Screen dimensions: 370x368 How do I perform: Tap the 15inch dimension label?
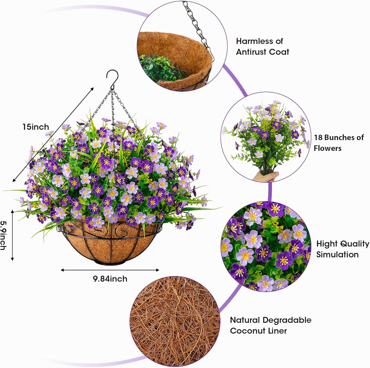click(x=36, y=127)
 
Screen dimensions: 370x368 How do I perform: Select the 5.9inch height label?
click(x=3, y=235)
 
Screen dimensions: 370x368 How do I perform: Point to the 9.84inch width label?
click(x=110, y=279)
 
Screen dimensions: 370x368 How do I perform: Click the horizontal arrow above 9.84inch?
click(x=110, y=270)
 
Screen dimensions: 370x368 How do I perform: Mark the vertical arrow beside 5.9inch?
click(x=13, y=235)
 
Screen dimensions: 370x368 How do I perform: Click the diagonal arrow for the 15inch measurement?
click(x=53, y=135)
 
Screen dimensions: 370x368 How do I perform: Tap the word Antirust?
click(x=251, y=52)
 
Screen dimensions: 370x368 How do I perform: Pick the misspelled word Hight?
click(x=326, y=244)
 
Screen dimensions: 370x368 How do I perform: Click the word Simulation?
click(x=337, y=254)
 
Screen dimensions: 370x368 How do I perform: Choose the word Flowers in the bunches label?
click(x=327, y=148)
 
